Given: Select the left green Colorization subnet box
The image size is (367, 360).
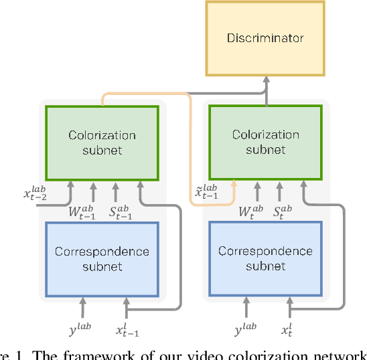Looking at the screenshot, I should [x=102, y=142].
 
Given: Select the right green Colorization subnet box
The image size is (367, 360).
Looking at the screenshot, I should [x=266, y=142].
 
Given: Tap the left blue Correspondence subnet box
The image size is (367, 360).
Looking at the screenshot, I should [x=102, y=259].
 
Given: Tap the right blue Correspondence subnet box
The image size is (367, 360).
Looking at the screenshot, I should [x=266, y=259].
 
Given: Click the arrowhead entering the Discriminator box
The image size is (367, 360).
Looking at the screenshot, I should [x=267, y=79].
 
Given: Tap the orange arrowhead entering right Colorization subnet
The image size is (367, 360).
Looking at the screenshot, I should [x=234, y=183].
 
